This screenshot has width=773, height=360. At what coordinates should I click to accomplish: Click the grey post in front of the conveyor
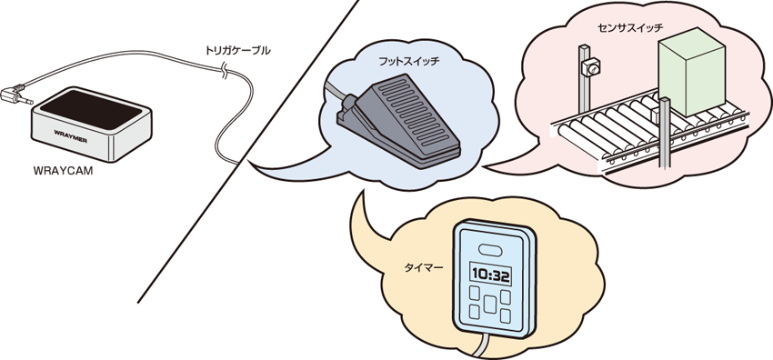[663, 136]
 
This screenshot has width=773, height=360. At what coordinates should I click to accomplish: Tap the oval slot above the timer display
[488, 248]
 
